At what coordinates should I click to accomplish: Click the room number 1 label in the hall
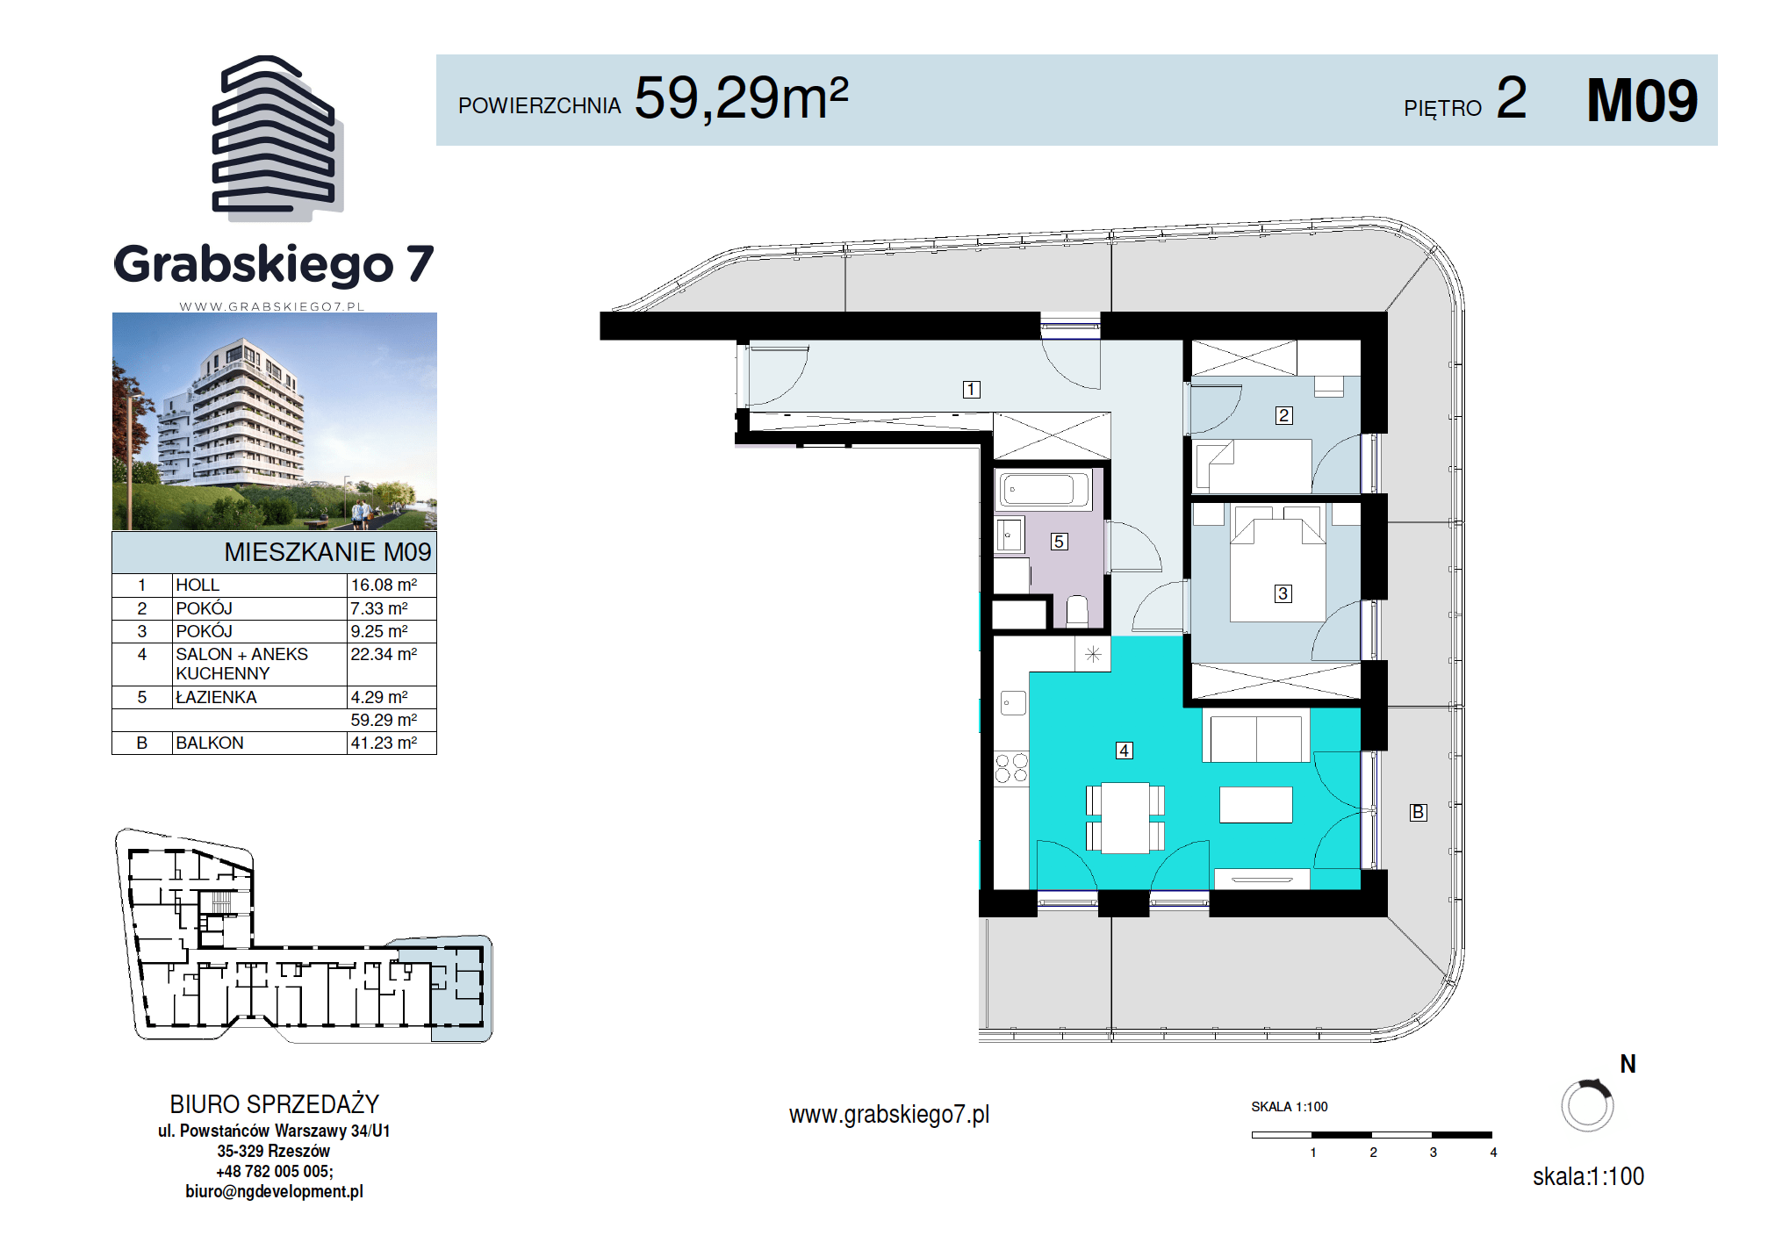coord(971,389)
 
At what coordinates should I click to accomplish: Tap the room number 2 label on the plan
coord(1283,415)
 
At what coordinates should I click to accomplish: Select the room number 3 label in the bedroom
coord(1283,593)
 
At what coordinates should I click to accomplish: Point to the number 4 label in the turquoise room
coord(1124,751)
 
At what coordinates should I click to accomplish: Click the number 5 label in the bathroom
coord(1059,542)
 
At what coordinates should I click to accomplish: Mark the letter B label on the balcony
coord(1418,812)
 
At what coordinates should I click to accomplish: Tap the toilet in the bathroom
coord(1077,611)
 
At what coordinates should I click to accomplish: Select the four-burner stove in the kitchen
coord(1011,768)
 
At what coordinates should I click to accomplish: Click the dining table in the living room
coord(1125,817)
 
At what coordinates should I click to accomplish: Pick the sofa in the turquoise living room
coord(1255,736)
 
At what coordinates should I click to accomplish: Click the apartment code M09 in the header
coord(1642,100)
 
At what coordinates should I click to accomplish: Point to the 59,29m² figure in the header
coord(741,97)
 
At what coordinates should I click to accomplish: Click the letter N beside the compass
coord(1628,1064)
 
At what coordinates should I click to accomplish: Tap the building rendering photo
coord(275,421)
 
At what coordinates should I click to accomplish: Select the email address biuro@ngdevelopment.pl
coord(274,1191)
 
